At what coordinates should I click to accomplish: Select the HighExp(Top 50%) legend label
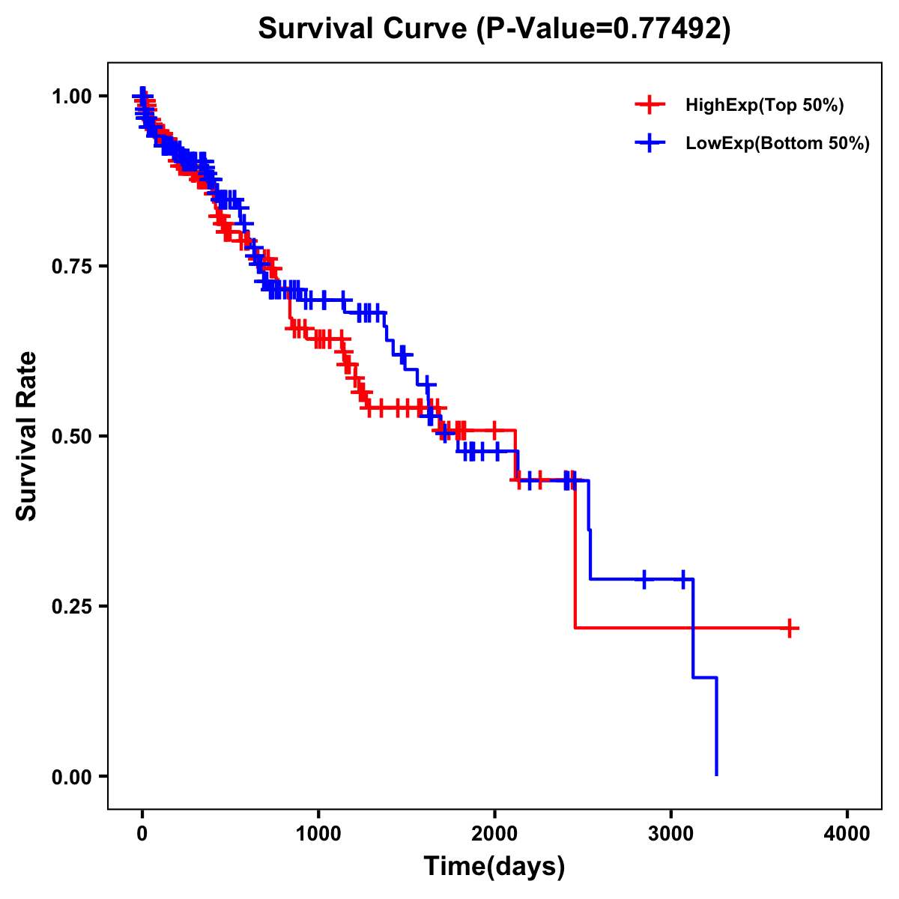[x=764, y=106]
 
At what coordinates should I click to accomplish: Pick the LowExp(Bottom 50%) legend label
[x=778, y=144]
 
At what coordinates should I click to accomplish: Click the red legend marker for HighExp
[x=650, y=106]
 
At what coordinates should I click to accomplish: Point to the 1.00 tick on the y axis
[x=70, y=96]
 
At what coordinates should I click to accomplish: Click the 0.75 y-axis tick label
[x=70, y=266]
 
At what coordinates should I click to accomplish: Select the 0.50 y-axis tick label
[x=70, y=436]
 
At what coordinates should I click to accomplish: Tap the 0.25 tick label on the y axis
[x=70, y=606]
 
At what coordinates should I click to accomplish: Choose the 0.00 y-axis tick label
[x=70, y=776]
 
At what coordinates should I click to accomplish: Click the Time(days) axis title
[x=494, y=867]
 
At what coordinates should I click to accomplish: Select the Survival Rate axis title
[x=27, y=436]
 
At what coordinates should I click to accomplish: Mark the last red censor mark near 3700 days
[x=790, y=628]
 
